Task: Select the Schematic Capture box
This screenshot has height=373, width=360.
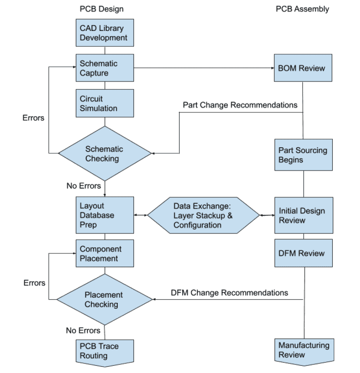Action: click(x=104, y=68)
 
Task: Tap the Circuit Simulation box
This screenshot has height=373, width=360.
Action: click(x=104, y=103)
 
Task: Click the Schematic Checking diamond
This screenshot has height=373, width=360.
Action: click(x=104, y=153)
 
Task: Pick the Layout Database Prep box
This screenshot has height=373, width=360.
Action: click(x=104, y=215)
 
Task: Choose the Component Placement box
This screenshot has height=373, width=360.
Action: click(x=104, y=253)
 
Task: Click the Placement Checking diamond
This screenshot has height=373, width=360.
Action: click(x=104, y=300)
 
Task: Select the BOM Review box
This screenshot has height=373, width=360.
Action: click(x=302, y=68)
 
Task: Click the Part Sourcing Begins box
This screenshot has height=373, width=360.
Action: click(x=302, y=155)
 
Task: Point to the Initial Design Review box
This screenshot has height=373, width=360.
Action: click(x=302, y=215)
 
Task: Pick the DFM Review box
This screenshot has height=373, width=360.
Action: click(x=302, y=253)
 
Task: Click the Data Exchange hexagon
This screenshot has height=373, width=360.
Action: click(x=203, y=215)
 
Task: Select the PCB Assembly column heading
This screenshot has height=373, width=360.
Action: click(x=302, y=9)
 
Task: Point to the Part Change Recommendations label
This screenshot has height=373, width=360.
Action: click(x=240, y=103)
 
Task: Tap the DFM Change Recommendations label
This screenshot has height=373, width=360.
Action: click(x=229, y=292)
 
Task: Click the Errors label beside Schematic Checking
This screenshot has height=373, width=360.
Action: click(x=33, y=118)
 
